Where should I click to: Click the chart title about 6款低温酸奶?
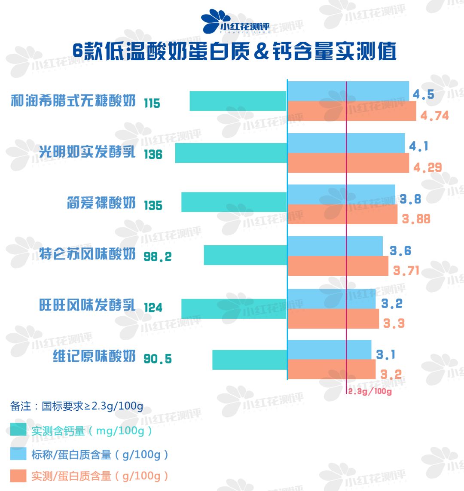[x=234, y=52]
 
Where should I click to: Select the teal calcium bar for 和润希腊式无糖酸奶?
[x=238, y=101]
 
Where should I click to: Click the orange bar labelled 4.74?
[x=351, y=111]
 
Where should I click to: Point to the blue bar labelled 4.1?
[x=346, y=143]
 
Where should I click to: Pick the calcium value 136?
[x=153, y=154]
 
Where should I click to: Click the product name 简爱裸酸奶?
[x=101, y=203]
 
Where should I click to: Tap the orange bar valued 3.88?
[x=342, y=214]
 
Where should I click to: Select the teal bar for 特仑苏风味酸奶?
[x=245, y=255]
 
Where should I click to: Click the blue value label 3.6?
[x=400, y=251]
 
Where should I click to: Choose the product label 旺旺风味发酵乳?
[x=87, y=305]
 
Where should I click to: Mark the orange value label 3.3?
[x=394, y=323]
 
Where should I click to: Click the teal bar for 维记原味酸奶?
[x=249, y=360]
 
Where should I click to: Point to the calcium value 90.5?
[x=157, y=359]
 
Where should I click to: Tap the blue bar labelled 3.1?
[x=329, y=350]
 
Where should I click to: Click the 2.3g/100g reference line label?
[x=369, y=391]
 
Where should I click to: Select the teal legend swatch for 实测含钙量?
[x=18, y=430]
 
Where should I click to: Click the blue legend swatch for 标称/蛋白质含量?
[x=18, y=454]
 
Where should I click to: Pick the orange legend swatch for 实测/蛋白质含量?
[x=18, y=476]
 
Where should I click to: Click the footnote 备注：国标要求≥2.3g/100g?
[x=76, y=406]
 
